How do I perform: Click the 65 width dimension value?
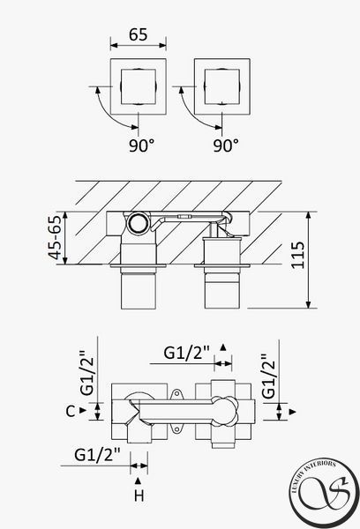click(139, 34)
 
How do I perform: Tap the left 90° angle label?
click(141, 145)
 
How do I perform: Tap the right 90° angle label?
click(226, 145)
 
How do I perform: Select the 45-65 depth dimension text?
click(55, 237)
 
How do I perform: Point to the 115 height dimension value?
click(298, 256)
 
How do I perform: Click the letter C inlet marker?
click(71, 411)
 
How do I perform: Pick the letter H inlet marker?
click(139, 495)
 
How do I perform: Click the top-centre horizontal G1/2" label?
click(187, 353)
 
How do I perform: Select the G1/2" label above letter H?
click(97, 455)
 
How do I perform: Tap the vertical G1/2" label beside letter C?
click(87, 373)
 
